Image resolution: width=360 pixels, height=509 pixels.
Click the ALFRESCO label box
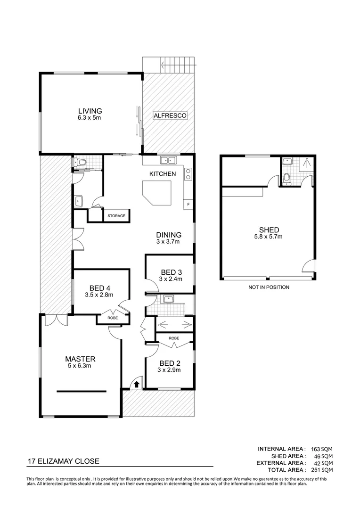170,115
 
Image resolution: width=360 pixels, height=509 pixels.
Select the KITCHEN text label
163,174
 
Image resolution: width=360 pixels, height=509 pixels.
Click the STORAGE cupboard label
116,216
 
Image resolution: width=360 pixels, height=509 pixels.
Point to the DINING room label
169,235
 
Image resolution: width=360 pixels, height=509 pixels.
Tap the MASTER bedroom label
81,359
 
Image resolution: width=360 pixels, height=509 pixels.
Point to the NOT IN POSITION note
269,287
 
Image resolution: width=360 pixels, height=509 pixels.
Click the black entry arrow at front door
136,384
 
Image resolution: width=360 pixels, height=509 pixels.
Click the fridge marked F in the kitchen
188,205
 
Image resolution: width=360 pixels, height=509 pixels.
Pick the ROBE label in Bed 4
113,319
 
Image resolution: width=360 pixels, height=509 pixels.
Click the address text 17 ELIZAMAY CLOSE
63,461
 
